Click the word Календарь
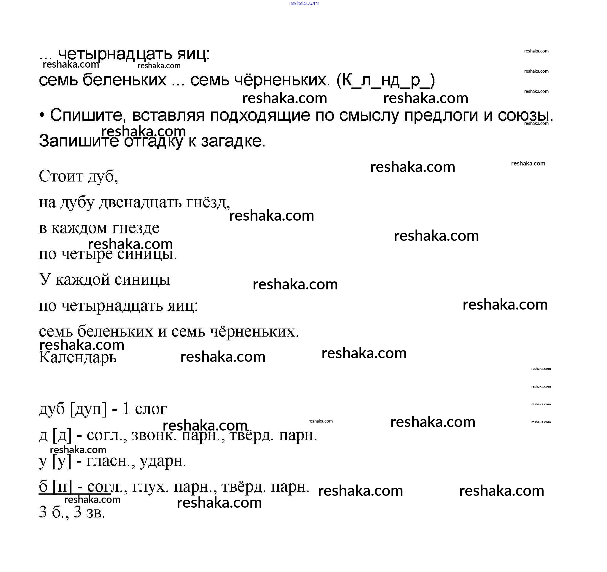point(78,357)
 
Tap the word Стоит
point(61,176)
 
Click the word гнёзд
point(208,202)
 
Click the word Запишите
point(79,141)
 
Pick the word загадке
point(233,141)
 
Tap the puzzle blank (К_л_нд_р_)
point(385,80)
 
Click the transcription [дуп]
point(89,409)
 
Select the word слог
point(151,409)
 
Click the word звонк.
point(154,435)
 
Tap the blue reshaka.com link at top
point(304,3)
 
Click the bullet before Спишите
point(42,116)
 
